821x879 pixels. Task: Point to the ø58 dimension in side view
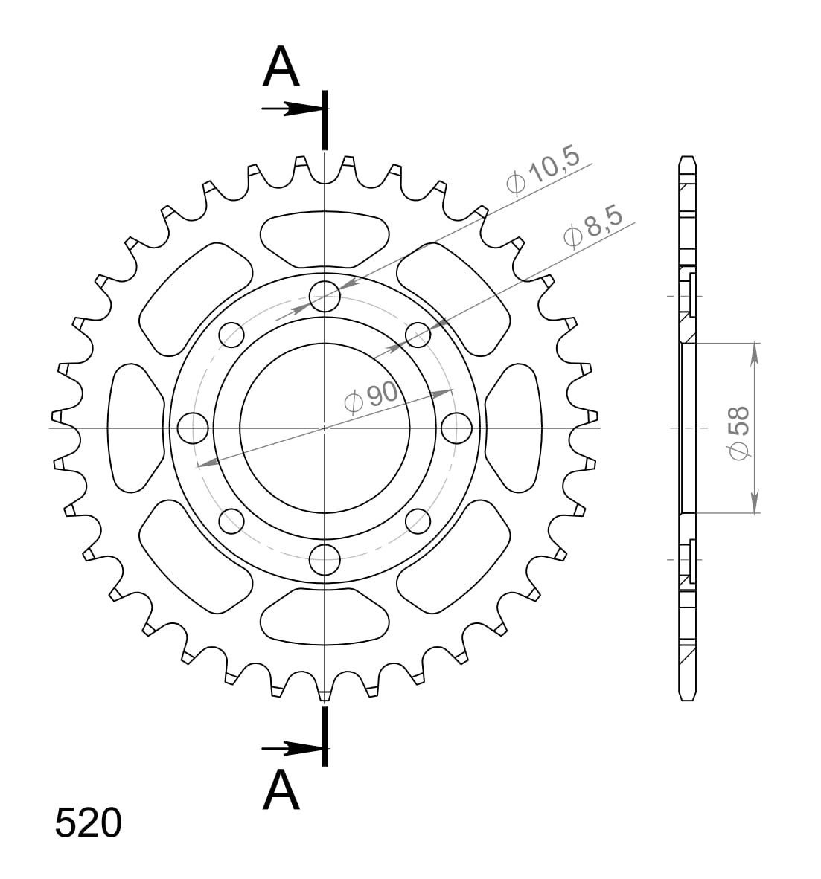point(740,432)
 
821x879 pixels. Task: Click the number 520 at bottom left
point(88,823)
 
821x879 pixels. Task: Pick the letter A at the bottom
point(281,790)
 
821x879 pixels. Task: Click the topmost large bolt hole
point(325,296)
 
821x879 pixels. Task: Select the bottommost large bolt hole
point(325,559)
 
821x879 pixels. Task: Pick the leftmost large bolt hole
point(194,428)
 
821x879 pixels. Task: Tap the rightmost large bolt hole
point(456,428)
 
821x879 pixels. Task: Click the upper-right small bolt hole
point(418,335)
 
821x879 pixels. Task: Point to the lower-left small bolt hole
point(231,521)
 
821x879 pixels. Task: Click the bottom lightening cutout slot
point(325,616)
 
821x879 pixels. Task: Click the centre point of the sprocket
point(325,428)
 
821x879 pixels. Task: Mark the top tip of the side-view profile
point(687,158)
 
